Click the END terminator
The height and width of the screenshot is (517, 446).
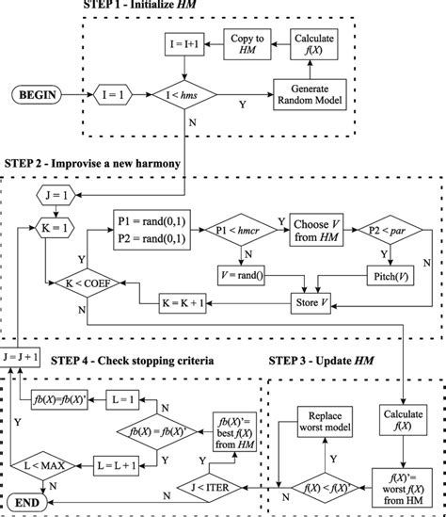(x=30, y=504)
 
